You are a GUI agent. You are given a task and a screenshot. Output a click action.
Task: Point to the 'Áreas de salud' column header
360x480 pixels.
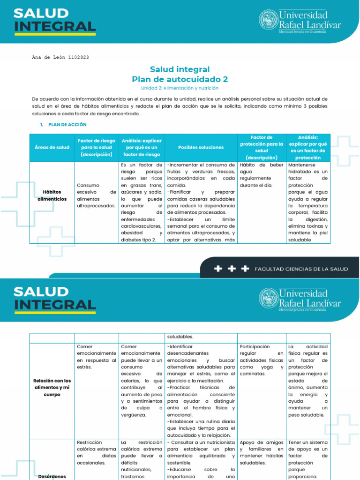tap(52, 147)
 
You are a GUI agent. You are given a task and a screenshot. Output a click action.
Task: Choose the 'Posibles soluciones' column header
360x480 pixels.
tap(201, 147)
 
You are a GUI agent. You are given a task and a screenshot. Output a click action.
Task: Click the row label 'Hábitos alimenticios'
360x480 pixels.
tap(52, 195)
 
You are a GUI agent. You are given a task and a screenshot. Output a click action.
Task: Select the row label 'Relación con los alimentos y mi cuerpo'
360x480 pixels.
tap(52, 387)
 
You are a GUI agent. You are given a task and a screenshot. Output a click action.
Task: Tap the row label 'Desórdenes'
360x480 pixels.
tap(52, 477)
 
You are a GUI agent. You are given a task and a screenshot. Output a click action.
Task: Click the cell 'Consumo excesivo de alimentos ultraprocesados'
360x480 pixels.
tap(96, 195)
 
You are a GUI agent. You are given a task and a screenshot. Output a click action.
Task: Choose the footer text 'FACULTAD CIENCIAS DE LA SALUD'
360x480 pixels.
tap(301, 269)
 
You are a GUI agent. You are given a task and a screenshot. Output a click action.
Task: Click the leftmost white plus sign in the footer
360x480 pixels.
tap(218, 269)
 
